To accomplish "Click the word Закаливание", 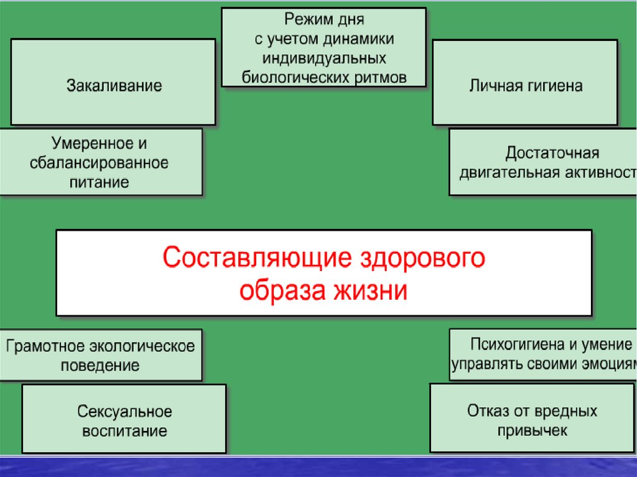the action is pyautogui.click(x=114, y=85).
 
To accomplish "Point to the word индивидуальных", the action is pyautogui.click(x=323, y=58).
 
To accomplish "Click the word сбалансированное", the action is pyautogui.click(x=100, y=163).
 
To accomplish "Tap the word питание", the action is pyautogui.click(x=100, y=182).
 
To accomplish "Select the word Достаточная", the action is pyautogui.click(x=552, y=153).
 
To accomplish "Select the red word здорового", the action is pyautogui.click(x=424, y=257).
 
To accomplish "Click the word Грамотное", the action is pyautogui.click(x=47, y=346).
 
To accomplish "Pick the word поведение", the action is pyautogui.click(x=100, y=365).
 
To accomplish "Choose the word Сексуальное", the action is pyautogui.click(x=124, y=412).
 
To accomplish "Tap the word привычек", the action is pyautogui.click(x=532, y=430).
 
